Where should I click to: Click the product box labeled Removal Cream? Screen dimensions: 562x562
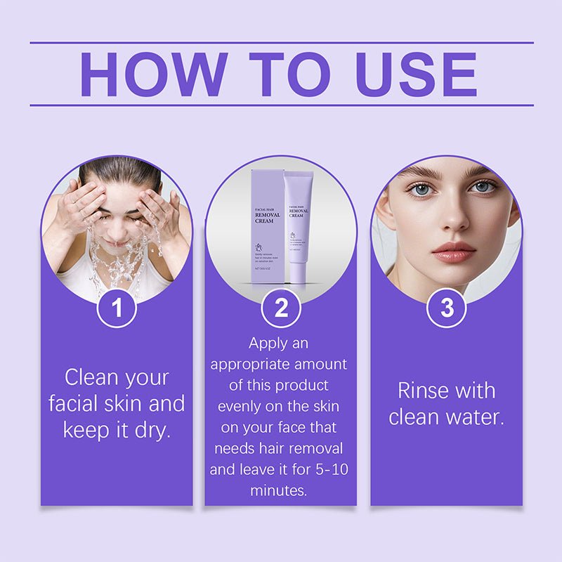267,225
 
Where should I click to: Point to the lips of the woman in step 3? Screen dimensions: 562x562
453,251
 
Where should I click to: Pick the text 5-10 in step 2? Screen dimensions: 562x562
329,469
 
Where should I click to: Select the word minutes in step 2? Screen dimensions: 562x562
279,490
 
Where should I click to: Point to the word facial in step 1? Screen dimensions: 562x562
78,403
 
